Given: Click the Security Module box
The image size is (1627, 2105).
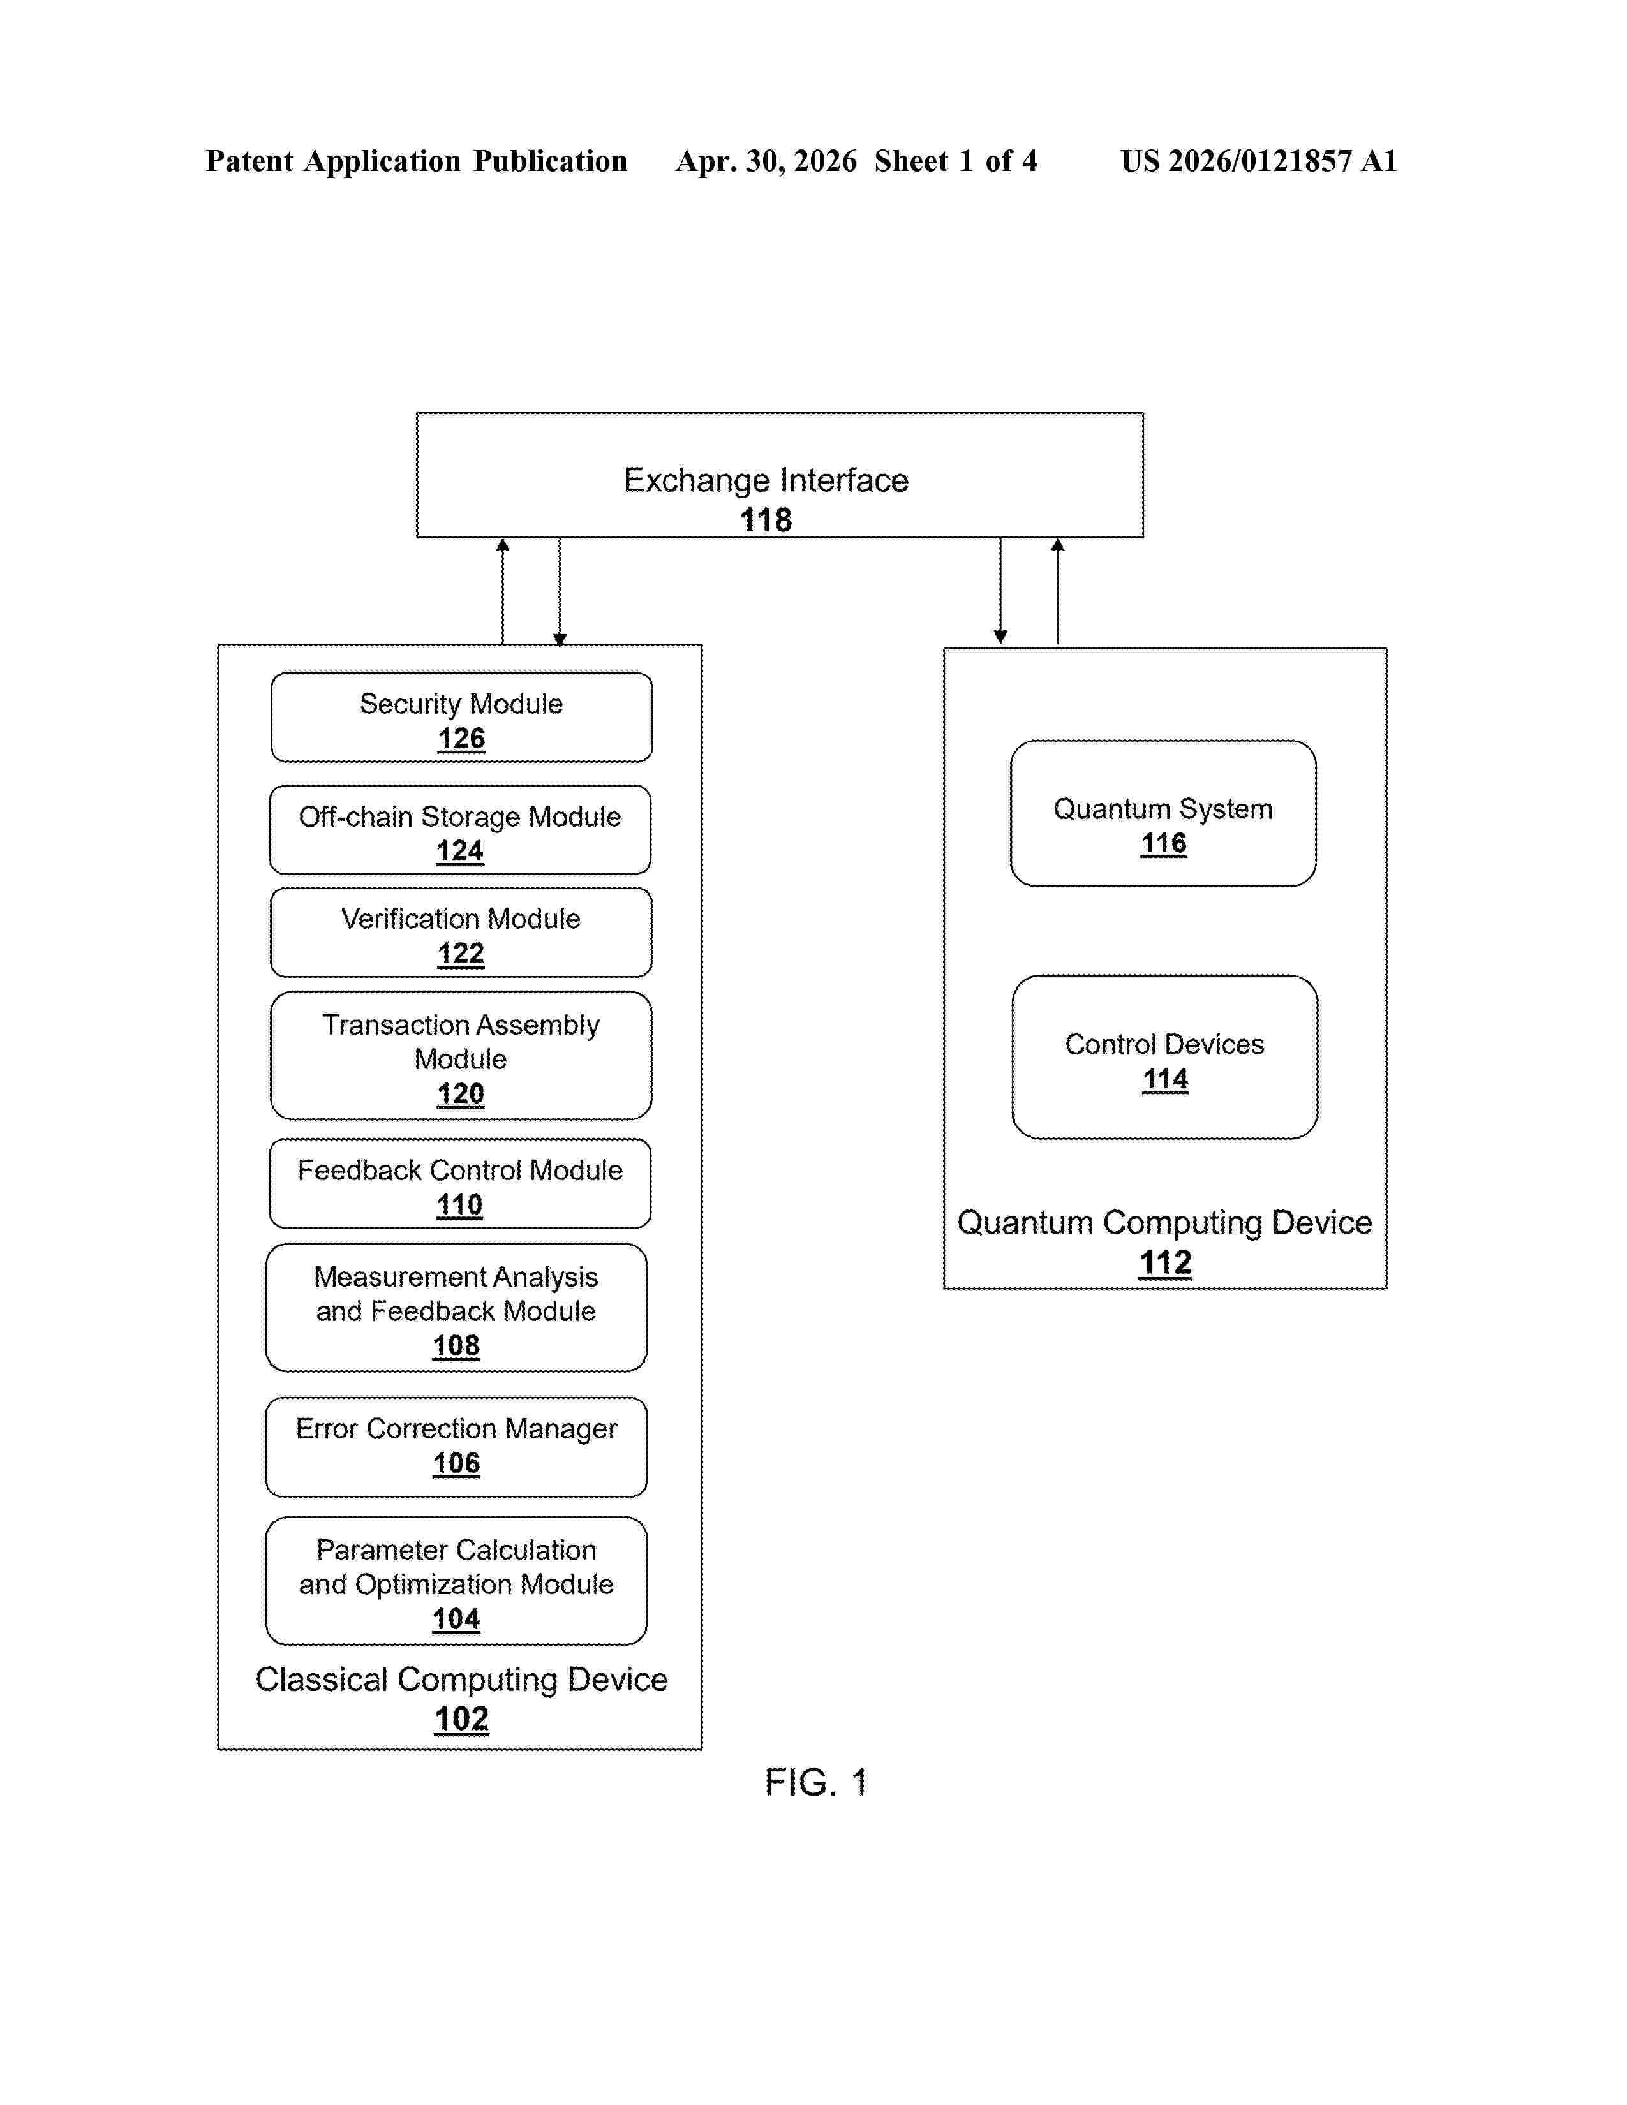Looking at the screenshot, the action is point(462,717).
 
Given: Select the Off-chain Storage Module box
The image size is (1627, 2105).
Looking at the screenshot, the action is point(460,830).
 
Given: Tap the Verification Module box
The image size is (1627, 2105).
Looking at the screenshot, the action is point(461,932).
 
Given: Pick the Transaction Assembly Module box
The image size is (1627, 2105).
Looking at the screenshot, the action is point(461,1056).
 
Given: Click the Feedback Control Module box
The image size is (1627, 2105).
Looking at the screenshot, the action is point(460,1183).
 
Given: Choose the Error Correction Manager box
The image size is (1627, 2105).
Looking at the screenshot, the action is point(456,1447).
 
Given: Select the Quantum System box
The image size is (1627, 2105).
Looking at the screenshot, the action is point(1163,813).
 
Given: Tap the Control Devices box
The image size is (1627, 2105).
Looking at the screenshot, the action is point(1164,1056).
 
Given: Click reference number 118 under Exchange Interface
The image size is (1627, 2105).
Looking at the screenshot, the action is point(766,521).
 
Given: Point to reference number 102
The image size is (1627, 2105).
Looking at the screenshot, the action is point(462,1718).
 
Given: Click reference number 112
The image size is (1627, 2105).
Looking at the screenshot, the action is point(1165,1262).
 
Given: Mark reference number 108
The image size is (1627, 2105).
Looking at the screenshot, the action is point(456,1345).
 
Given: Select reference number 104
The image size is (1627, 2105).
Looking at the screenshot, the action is point(456,1619).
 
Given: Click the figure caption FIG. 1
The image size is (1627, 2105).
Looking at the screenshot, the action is point(815,1783).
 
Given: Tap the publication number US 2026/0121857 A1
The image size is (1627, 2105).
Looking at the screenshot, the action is point(1259,161).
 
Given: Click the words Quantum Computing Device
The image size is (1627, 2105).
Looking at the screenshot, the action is point(1164,1223).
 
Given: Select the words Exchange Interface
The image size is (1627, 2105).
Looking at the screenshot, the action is point(766,480).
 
